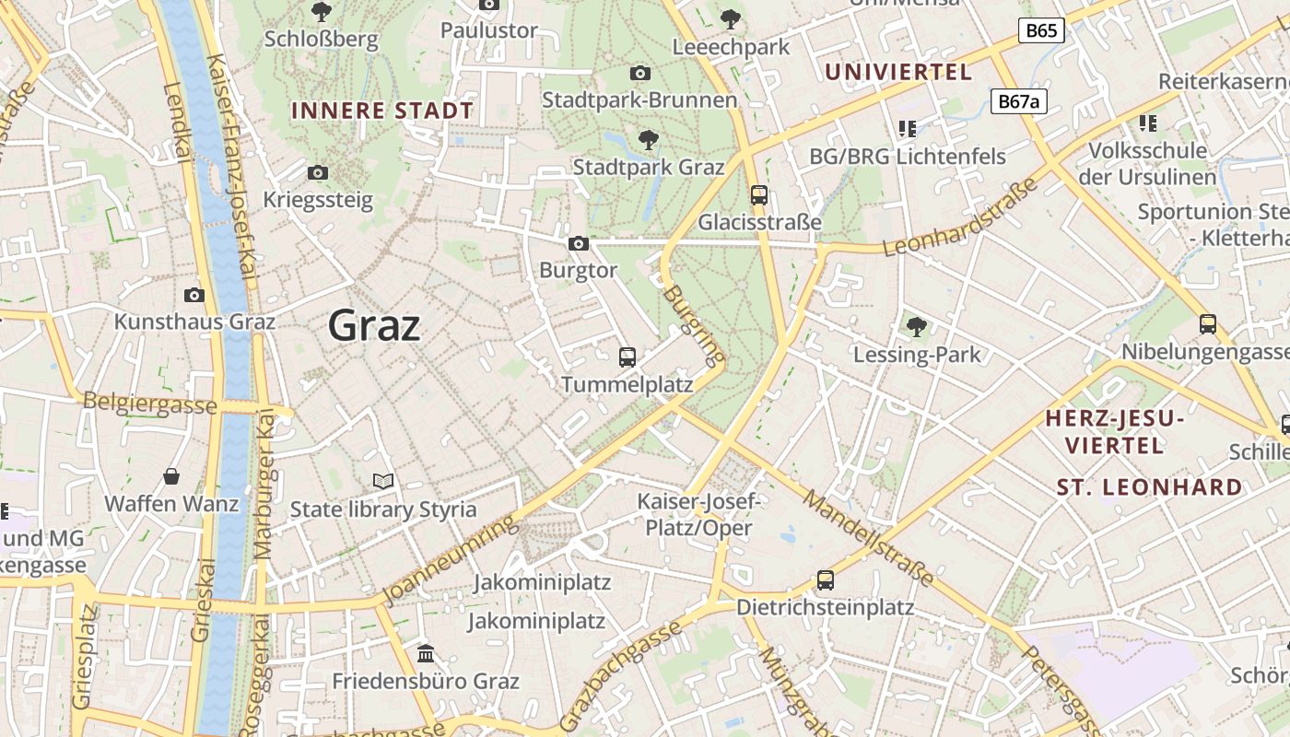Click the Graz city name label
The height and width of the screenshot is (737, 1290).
click(374, 325)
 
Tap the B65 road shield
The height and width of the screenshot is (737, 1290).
click(1041, 30)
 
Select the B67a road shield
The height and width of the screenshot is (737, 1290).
click(1019, 100)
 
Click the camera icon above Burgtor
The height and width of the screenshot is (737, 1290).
click(579, 243)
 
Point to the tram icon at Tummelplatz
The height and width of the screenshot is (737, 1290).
click(627, 357)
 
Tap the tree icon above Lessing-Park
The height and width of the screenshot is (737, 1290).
click(916, 326)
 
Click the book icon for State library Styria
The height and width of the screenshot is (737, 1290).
click(383, 481)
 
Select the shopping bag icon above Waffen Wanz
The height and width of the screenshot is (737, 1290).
click(171, 476)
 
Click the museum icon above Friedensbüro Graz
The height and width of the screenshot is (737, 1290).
click(426, 653)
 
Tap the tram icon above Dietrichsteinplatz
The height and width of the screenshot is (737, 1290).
click(826, 579)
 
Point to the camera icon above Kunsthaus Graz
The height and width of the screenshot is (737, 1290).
click(193, 295)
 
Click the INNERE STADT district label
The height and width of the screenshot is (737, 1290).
click(382, 111)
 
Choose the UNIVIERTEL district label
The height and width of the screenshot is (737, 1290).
click(898, 72)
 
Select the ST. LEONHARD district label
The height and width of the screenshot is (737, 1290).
click(1149, 486)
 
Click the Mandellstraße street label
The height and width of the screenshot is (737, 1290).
click(868, 538)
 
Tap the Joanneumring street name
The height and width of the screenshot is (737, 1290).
click(450, 562)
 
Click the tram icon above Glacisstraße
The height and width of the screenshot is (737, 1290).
click(759, 194)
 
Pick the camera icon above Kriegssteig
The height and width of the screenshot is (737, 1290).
click(318, 172)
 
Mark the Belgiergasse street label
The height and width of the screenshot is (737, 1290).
click(149, 403)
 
